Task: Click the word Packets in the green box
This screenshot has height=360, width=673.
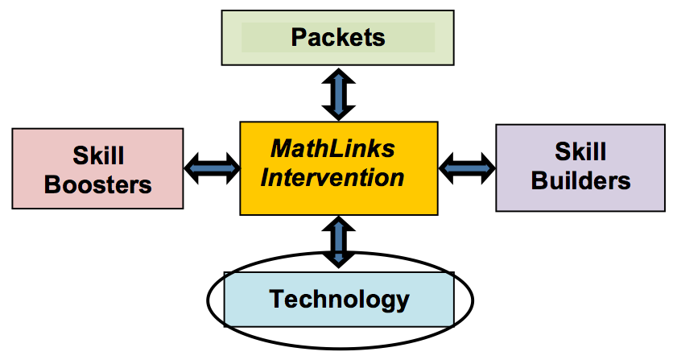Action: tap(337, 37)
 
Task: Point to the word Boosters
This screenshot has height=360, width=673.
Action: tap(97, 184)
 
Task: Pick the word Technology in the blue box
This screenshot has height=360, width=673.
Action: tap(339, 300)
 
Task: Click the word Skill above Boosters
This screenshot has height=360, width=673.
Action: tap(97, 155)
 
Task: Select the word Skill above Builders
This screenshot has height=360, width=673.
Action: tap(580, 151)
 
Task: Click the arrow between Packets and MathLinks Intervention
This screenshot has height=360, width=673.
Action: tap(338, 93)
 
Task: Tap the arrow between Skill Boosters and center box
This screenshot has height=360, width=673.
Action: tap(212, 168)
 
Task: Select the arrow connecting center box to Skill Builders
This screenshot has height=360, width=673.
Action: tap(467, 167)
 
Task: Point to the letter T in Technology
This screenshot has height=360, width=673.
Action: tap(276, 300)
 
